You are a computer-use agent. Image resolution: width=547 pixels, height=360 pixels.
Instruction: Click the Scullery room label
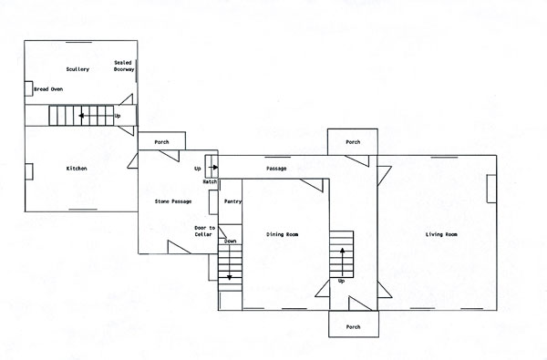[77, 69]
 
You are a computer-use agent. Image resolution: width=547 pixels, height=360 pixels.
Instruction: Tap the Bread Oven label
[48, 89]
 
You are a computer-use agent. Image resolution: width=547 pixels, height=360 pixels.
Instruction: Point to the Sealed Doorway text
[124, 66]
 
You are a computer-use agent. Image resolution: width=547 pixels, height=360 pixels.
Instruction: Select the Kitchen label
[77, 169]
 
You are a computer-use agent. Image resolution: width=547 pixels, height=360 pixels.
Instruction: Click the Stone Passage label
[173, 201]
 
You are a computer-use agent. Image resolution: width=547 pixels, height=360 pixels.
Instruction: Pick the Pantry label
[232, 201]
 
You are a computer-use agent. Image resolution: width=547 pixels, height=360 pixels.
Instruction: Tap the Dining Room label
[283, 234]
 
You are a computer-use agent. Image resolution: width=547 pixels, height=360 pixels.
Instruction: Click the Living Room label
[441, 234]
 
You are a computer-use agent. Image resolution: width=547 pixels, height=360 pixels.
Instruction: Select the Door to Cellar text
[205, 231]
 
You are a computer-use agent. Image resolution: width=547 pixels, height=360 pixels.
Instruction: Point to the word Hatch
[210, 181]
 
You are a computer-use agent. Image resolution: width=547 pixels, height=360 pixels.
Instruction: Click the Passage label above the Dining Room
[276, 169]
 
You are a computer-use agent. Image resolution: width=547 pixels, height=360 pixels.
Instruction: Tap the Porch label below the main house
[353, 327]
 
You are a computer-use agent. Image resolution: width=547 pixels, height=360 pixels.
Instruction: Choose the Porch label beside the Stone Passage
[161, 142]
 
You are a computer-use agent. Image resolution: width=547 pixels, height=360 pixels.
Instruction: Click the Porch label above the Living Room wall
[353, 142]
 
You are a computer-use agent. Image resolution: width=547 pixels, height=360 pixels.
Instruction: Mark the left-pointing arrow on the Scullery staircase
[97, 116]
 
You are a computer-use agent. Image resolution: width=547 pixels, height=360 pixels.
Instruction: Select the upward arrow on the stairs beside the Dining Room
[343, 262]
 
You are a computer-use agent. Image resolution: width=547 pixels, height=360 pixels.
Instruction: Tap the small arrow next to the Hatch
[213, 168]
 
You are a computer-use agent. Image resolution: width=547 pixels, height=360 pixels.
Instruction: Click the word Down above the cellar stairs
[231, 241]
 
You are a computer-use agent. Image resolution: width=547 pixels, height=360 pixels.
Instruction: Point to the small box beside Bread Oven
[28, 88]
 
